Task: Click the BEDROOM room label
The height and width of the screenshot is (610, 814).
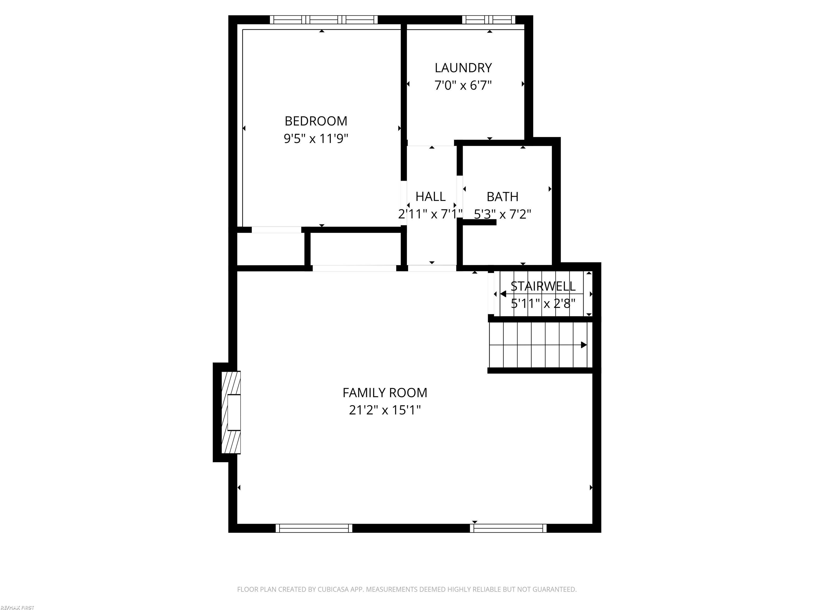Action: (316, 121)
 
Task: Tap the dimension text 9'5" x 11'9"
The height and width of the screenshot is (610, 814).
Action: (316, 139)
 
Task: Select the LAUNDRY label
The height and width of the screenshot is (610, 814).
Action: (463, 68)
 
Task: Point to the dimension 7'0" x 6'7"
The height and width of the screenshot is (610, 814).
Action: (463, 86)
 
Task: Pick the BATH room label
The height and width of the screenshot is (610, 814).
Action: (502, 197)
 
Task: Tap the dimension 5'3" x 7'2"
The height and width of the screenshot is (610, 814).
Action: (502, 214)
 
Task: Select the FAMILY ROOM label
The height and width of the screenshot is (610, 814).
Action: (384, 393)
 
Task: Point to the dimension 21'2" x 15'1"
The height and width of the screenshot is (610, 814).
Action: (384, 410)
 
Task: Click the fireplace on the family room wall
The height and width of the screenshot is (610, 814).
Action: (231, 412)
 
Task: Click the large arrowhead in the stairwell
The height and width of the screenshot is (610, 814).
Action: (503, 294)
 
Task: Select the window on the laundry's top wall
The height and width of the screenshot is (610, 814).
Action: (488, 20)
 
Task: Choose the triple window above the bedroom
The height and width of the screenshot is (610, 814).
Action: (324, 20)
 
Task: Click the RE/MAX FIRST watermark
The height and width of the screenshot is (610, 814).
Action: (17, 607)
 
